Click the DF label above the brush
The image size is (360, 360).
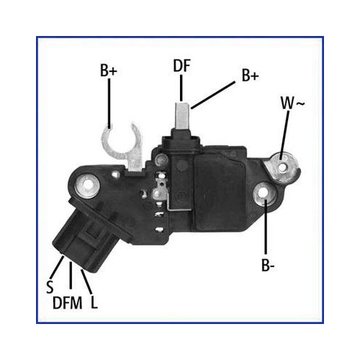[x=181, y=66]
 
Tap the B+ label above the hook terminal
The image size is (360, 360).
[x=109, y=71]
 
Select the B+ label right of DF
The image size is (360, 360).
[x=251, y=76]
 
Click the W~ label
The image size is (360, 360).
[x=292, y=103]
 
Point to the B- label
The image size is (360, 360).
[x=268, y=265]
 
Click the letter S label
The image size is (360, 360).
[x=50, y=287]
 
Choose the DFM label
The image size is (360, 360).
[x=68, y=302]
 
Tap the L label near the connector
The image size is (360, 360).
[x=94, y=302]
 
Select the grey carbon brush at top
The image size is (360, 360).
[x=182, y=116]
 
